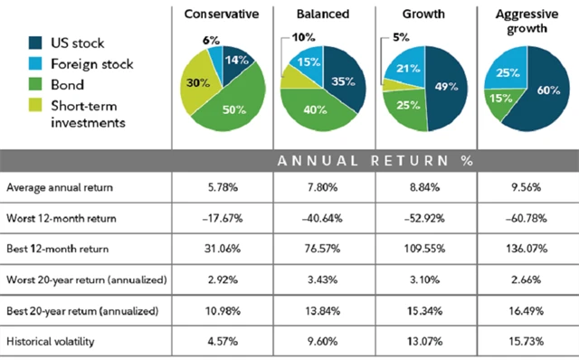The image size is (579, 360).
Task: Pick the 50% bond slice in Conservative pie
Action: click(x=233, y=109)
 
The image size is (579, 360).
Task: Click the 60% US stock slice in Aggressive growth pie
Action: click(x=544, y=90)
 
